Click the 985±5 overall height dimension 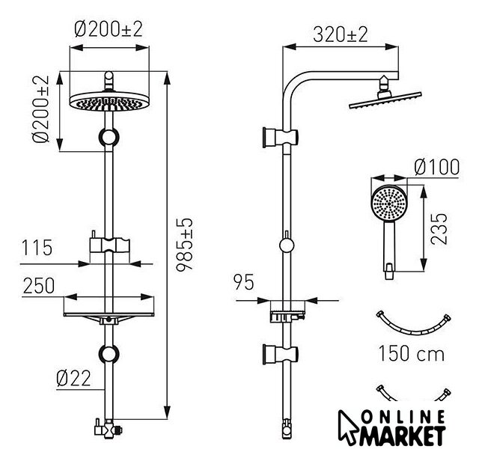pos(185,244)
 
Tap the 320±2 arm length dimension pos(341,34)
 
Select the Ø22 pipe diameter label pos(74,379)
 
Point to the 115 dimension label pos(37,248)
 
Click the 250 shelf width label pos(39,286)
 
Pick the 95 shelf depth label pos(243,282)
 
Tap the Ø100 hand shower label pos(436,167)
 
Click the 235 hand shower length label pos(439,229)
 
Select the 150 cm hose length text pos(411,354)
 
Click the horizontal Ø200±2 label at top pos(109,29)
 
